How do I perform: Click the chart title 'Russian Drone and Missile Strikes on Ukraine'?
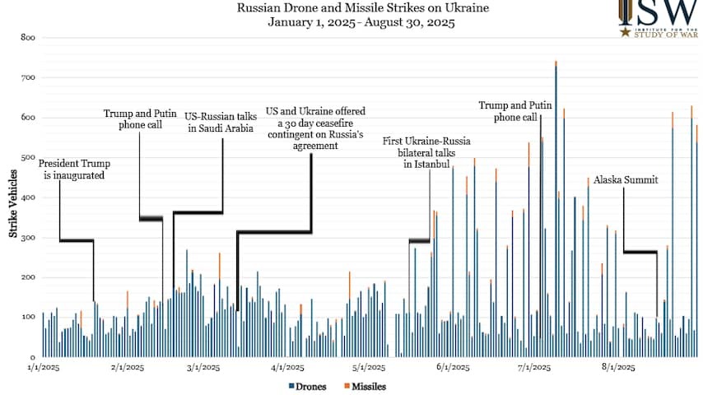tap(361, 8)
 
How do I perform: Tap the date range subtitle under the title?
tap(361, 23)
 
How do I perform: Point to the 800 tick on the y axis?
tap(27, 38)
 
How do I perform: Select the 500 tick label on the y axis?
tap(27, 157)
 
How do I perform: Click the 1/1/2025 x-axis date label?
tap(43, 368)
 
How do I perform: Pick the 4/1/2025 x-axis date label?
tap(287, 368)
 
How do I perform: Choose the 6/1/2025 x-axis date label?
tap(452, 368)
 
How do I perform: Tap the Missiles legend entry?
tap(365, 386)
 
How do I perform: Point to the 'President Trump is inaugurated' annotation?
tap(74, 169)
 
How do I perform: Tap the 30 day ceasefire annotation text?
tap(314, 128)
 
